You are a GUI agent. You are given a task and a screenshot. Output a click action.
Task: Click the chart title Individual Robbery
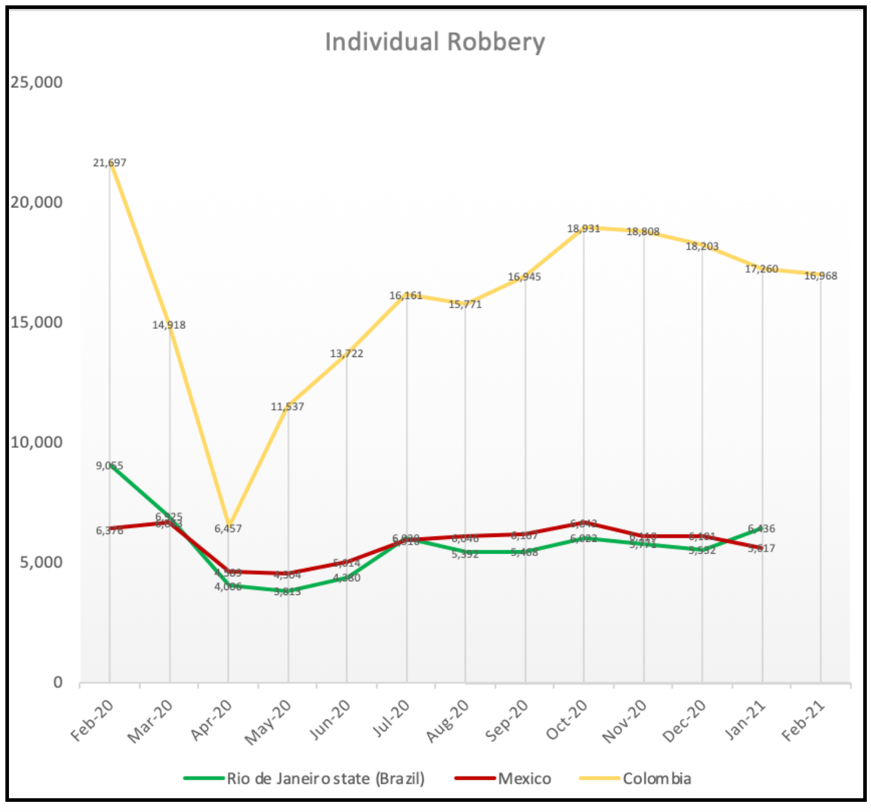click(435, 42)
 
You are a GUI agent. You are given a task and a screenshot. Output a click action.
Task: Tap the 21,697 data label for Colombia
click(109, 163)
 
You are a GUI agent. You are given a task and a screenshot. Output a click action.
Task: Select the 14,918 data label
click(169, 325)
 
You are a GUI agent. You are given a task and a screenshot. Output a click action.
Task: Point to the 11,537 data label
click(287, 407)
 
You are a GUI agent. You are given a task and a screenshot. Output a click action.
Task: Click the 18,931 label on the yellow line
click(583, 228)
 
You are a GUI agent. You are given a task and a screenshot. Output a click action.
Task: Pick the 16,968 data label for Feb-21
click(820, 276)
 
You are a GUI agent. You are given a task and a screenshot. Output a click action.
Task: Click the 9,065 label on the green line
click(109, 465)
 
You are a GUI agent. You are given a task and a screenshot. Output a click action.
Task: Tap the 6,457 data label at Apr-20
click(228, 529)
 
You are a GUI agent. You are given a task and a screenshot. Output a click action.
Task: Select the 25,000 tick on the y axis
click(36, 82)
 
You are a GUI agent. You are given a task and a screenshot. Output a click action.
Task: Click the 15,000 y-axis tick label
click(36, 322)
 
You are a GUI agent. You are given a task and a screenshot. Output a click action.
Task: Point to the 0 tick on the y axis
click(57, 682)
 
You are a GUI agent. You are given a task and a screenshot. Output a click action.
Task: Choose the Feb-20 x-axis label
click(92, 721)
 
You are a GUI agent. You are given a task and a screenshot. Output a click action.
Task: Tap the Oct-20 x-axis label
click(567, 721)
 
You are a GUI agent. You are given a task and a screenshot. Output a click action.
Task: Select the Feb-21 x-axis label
click(803, 721)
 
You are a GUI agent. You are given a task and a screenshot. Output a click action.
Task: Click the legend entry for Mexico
click(524, 779)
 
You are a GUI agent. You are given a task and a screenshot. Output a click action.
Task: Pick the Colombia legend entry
click(656, 779)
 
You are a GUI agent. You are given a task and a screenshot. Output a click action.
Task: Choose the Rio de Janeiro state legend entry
click(325, 779)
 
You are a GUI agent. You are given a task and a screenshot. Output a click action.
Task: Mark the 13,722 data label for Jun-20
click(346, 353)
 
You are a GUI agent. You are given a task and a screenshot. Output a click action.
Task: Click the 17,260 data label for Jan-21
click(761, 269)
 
